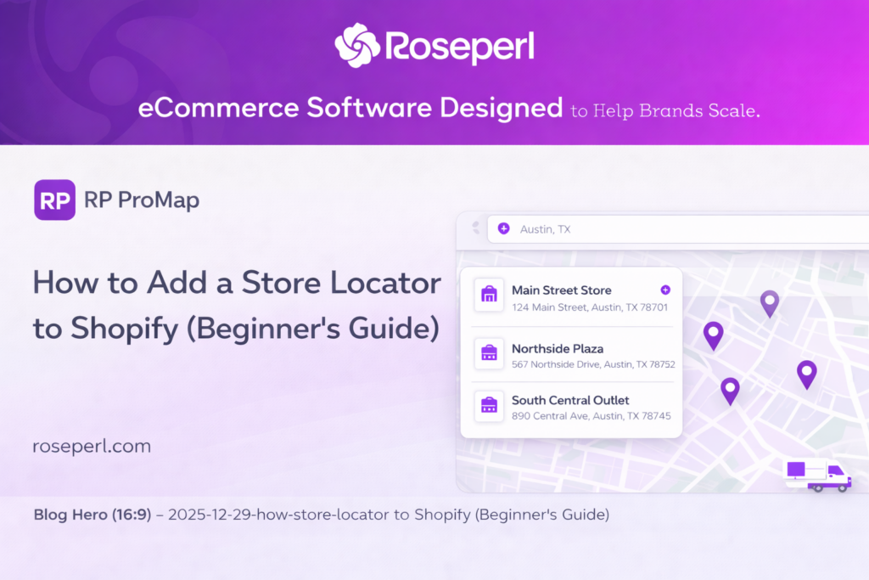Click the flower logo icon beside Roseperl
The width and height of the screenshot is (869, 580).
click(357, 45)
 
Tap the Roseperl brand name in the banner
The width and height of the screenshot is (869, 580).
click(460, 47)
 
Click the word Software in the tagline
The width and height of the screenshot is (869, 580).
click(369, 108)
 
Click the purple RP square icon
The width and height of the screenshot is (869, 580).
click(55, 200)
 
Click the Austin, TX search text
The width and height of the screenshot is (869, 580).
click(545, 229)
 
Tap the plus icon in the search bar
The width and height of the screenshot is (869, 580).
click(503, 228)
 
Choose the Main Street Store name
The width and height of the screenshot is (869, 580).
click(562, 290)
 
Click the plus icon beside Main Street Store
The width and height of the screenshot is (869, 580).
click(665, 290)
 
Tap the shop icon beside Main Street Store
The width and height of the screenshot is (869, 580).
click(489, 295)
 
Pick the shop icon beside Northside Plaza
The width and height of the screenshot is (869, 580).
click(489, 352)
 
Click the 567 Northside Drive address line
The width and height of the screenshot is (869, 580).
click(593, 364)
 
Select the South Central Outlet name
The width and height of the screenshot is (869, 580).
click(570, 400)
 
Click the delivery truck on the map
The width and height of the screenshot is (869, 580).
click(817, 476)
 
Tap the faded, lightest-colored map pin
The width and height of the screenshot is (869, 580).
click(770, 303)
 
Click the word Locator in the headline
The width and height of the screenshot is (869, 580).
click(386, 283)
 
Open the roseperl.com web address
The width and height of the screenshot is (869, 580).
click(92, 447)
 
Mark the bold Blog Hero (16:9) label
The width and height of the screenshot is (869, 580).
click(93, 515)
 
